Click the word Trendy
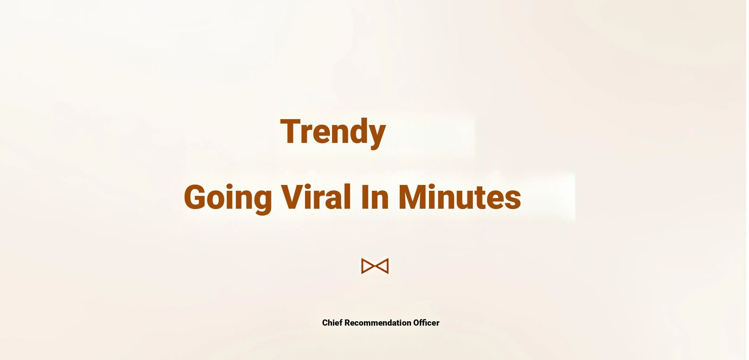coord(333,132)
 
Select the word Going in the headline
coord(228,198)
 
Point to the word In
coord(375,197)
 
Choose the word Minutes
coord(460,197)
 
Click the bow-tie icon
coord(375,266)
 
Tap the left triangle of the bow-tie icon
coord(368,266)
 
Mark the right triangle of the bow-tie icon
coord(382,266)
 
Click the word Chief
coord(332,323)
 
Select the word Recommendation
coord(378,323)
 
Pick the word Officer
coord(426,323)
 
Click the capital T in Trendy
coord(291,131)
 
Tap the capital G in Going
coord(196,197)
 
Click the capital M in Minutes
coord(413,197)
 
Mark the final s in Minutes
coord(512,201)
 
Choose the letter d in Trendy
coord(355,131)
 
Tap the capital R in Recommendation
coord(347,323)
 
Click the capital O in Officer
coord(417,323)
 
